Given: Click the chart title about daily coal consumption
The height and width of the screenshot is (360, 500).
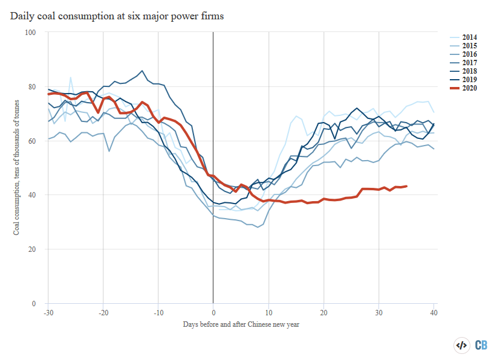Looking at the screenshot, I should pos(117,16).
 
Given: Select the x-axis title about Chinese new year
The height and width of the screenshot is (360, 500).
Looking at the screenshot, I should pos(241,324).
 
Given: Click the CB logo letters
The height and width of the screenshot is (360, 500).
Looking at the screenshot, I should pos(481,346).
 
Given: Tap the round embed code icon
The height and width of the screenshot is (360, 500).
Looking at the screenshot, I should pos(461,346).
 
